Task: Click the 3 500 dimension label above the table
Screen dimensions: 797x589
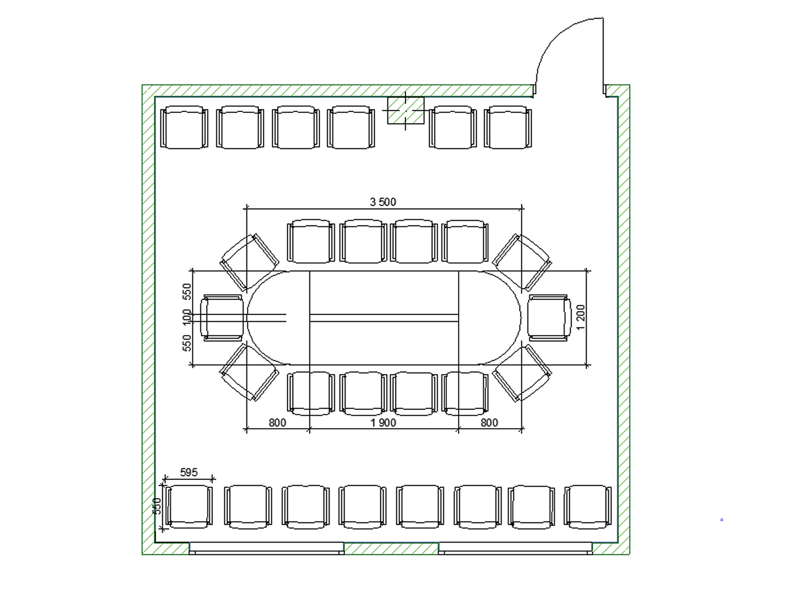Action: pyautogui.click(x=383, y=202)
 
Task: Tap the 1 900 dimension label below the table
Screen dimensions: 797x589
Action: pyautogui.click(x=383, y=422)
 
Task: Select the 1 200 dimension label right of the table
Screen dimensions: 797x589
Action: pyautogui.click(x=580, y=317)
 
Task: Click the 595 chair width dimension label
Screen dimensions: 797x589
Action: pyautogui.click(x=189, y=472)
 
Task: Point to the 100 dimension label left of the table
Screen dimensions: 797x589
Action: pyautogui.click(x=186, y=317)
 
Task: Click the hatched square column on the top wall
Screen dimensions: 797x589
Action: pyautogui.click(x=406, y=110)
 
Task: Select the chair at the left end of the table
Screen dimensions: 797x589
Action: pyautogui.click(x=221, y=317)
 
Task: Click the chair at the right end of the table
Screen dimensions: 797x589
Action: pyautogui.click(x=549, y=317)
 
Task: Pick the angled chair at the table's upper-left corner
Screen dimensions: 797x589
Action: pyautogui.click(x=249, y=262)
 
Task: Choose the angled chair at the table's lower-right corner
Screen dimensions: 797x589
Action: pyautogui.click(x=522, y=373)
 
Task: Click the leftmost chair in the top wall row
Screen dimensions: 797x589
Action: pyautogui.click(x=184, y=127)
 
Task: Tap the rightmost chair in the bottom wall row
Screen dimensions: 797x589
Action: pyautogui.click(x=588, y=507)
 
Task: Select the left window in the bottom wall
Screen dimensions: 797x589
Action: pyautogui.click(x=266, y=548)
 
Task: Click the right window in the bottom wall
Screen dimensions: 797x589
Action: pyautogui.click(x=515, y=548)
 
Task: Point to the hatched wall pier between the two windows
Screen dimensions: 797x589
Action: pyautogui.click(x=391, y=548)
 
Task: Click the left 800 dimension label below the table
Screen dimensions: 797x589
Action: pyautogui.click(x=278, y=422)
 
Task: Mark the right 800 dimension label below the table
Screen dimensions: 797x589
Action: pyautogui.click(x=489, y=422)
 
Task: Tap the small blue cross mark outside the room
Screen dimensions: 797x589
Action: pyautogui.click(x=721, y=519)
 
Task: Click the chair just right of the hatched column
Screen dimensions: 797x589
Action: pyautogui.click(x=453, y=127)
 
